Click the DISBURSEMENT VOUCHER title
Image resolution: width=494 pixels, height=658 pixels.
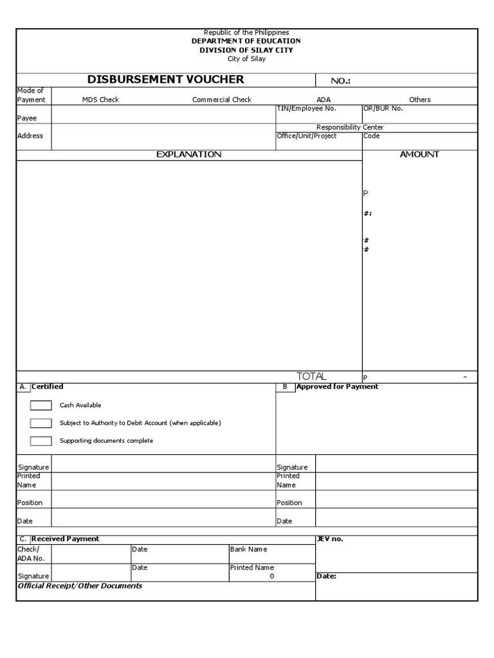click(166, 80)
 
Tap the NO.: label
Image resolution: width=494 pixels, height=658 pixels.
click(340, 81)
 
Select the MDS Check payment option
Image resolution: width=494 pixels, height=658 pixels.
click(100, 100)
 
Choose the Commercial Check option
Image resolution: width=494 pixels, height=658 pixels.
click(222, 100)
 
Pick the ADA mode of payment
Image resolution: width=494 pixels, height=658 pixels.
click(323, 100)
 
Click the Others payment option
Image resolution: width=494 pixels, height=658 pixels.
click(419, 100)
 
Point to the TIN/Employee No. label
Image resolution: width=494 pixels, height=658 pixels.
click(306, 109)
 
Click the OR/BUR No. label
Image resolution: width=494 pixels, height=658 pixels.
click(383, 109)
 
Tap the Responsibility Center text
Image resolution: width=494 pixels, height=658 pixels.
click(350, 127)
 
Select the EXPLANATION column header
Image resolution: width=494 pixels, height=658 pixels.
click(188, 154)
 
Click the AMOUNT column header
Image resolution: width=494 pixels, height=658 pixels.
click(419, 154)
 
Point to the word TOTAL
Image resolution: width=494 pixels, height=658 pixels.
click(311, 376)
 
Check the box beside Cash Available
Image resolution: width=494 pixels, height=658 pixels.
click(41, 405)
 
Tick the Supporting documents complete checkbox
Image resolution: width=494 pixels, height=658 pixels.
click(41, 441)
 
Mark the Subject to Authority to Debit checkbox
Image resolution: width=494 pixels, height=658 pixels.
click(41, 423)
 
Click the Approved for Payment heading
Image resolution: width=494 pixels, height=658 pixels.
click(337, 387)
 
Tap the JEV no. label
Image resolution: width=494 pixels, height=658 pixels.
click(330, 538)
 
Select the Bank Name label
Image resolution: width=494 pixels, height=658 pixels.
click(248, 549)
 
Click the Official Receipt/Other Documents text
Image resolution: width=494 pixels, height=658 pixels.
click(80, 586)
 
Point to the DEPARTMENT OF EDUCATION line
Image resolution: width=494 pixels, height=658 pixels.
click(246, 41)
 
